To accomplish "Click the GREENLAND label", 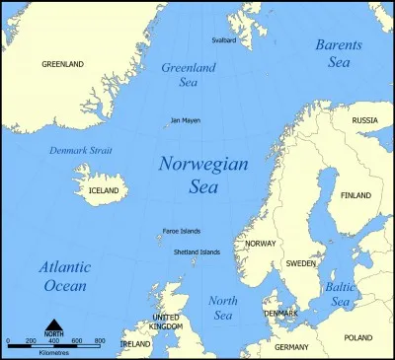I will (62, 64).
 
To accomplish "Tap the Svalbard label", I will (225, 40).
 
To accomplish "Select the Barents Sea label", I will (339, 54).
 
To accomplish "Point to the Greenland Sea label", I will (187, 75).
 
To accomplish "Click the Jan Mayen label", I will (185, 120).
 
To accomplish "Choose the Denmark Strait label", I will (80, 150).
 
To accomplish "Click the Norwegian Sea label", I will (203, 174).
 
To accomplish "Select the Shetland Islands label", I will (197, 252).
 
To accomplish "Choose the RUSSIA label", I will (365, 120).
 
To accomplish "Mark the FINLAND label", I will (355, 195).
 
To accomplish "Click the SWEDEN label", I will (301, 263).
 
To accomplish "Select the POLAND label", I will (358, 337).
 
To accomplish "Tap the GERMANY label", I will (292, 347).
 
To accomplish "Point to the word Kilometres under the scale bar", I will (53, 351).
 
